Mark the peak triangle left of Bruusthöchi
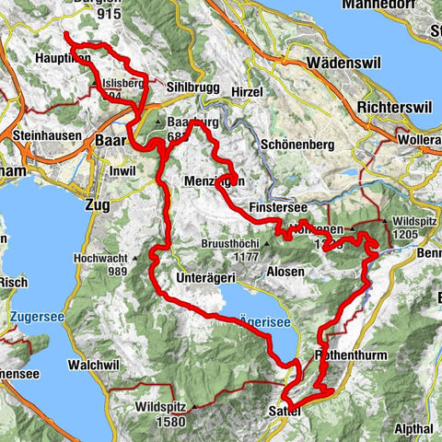click(194, 244)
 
